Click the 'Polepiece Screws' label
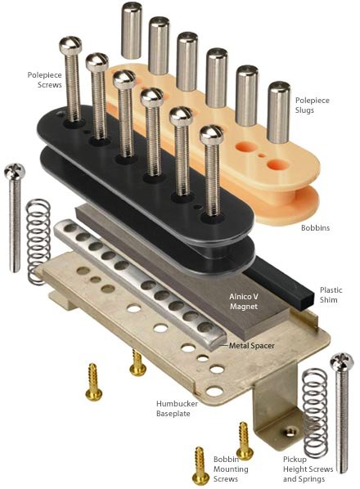[45, 80]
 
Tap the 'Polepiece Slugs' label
[313, 105]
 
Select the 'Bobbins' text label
[315, 227]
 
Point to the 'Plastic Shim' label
[331, 294]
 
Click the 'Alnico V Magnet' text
[244, 301]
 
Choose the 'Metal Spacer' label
[252, 346]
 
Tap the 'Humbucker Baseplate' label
[177, 409]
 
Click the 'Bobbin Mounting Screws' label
[231, 469]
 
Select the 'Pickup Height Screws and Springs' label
[308, 469]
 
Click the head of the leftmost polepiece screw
[70, 45]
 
